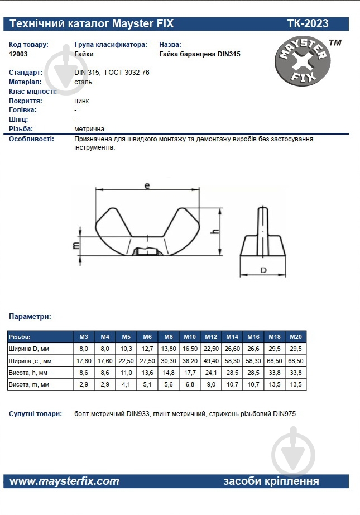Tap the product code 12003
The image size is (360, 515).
tap(18, 54)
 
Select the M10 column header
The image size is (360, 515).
tap(190, 337)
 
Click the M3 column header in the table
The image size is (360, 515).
tap(84, 337)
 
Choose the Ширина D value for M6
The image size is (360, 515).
tap(147, 349)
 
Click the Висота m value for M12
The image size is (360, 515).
tap(211, 385)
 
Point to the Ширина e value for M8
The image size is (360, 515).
tap(169, 361)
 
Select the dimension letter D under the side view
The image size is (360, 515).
tap(263, 270)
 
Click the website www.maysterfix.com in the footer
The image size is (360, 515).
tap(65, 481)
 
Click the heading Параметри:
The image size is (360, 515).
tap(30, 316)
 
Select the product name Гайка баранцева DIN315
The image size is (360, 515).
tap(199, 54)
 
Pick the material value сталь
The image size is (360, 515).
tap(83, 82)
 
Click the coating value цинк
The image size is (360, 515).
tap(81, 101)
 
